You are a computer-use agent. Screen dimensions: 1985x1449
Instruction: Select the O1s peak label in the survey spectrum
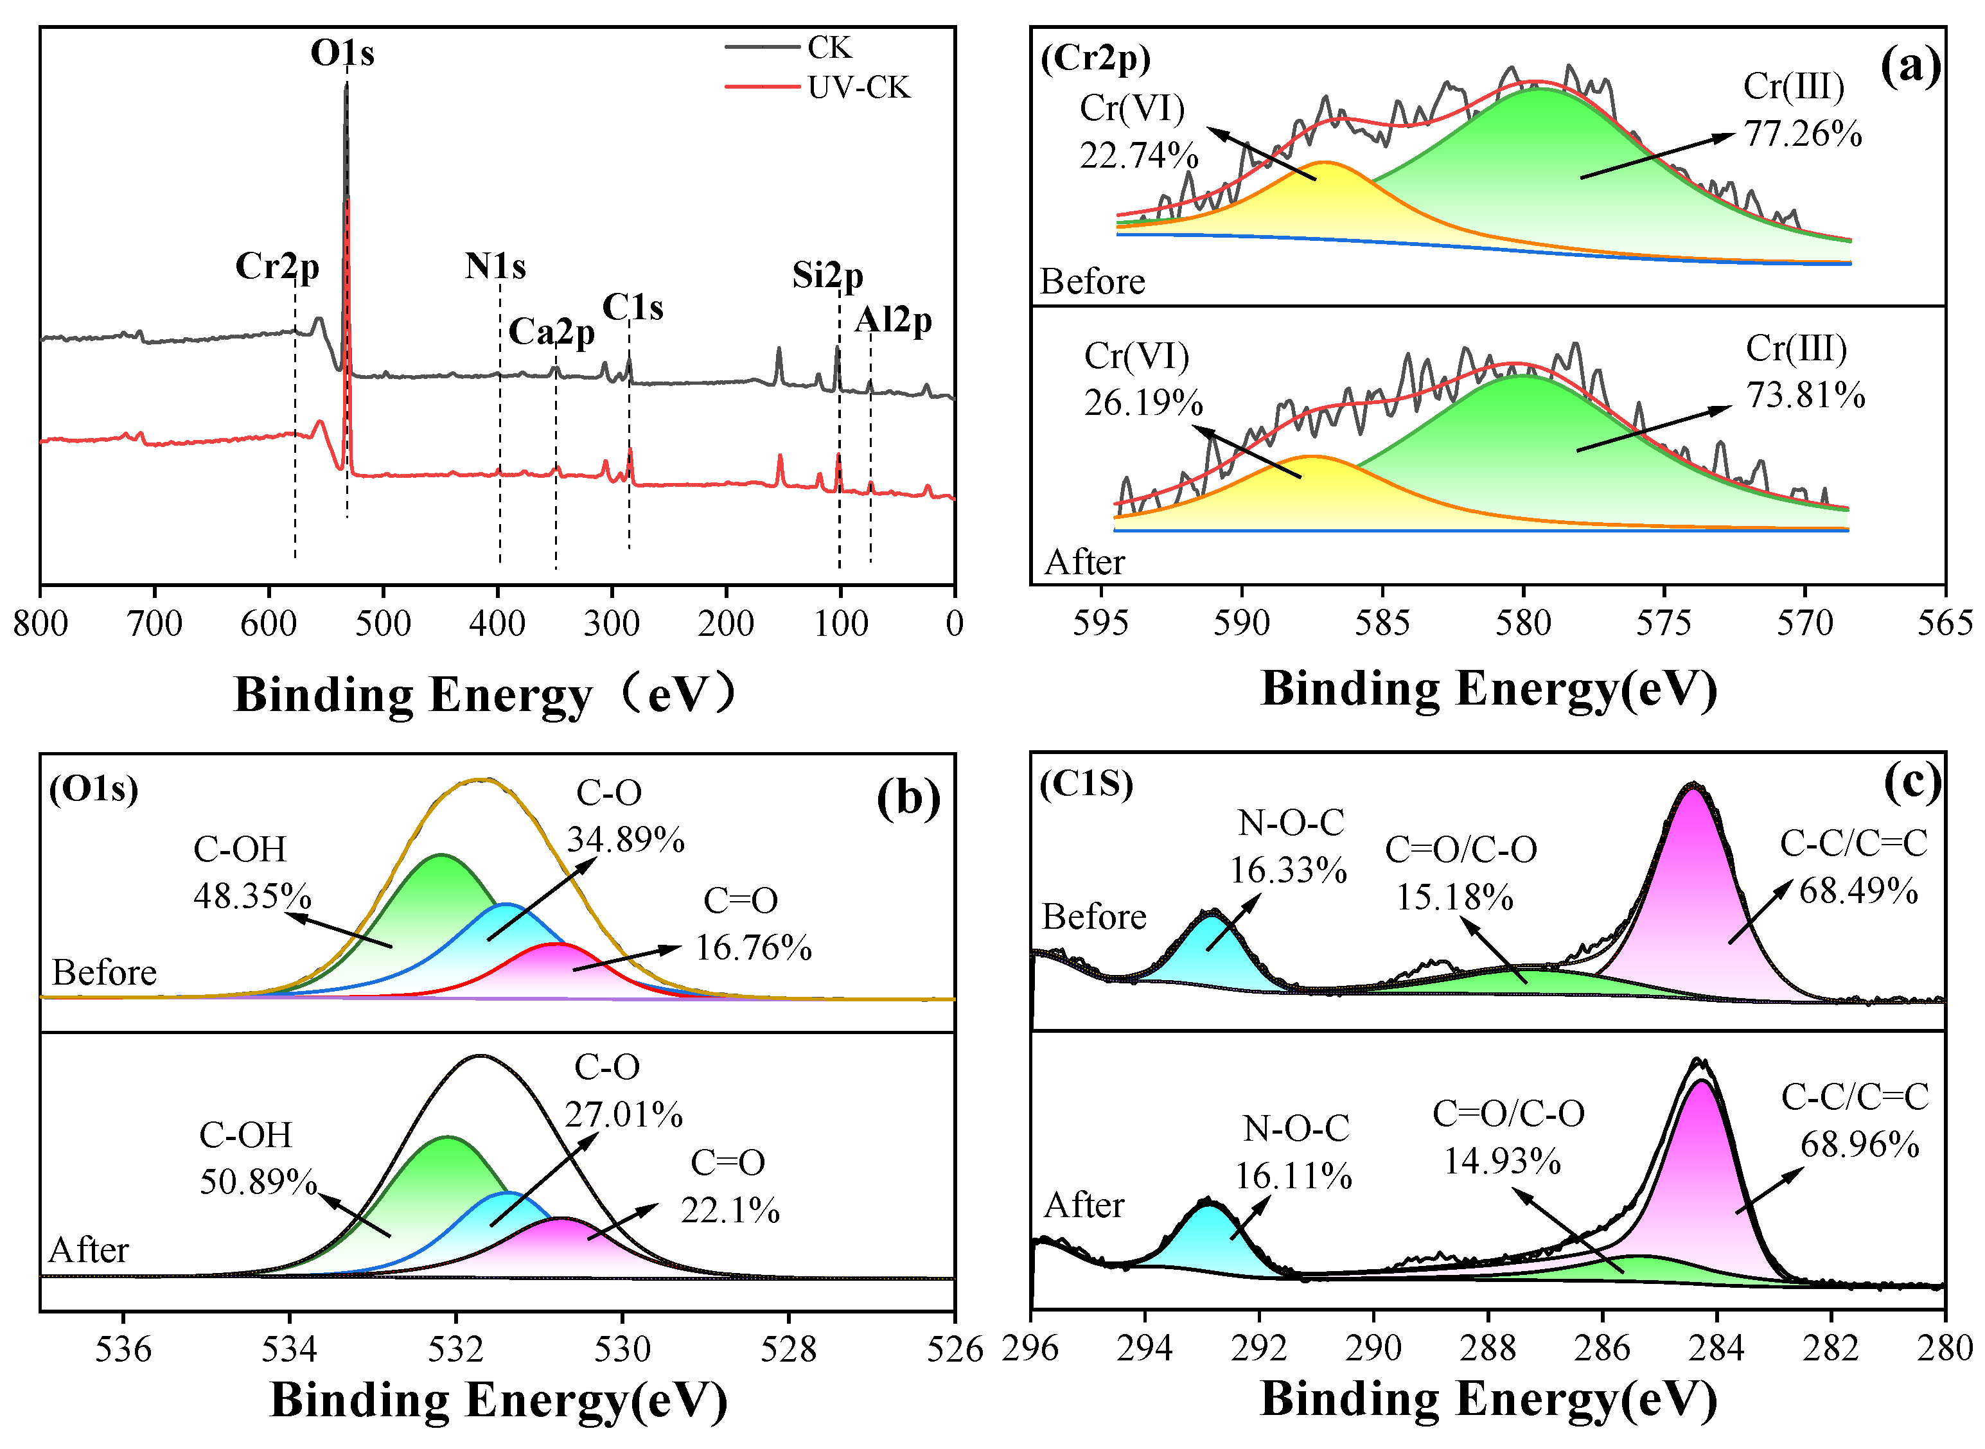pos(342,53)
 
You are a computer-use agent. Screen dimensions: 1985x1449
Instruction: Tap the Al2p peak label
pos(893,321)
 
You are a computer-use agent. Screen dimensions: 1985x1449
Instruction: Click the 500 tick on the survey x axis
pos(384,624)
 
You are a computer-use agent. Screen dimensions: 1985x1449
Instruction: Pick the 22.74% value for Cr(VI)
pos(1138,156)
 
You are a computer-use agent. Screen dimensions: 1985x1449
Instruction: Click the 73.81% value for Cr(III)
pos(1805,396)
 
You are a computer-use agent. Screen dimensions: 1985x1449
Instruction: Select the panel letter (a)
pos(1910,67)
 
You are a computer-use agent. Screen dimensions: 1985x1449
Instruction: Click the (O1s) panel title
pos(93,789)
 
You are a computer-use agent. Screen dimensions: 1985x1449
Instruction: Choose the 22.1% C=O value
pos(730,1211)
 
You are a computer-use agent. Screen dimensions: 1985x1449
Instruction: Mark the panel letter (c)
pos(1912,782)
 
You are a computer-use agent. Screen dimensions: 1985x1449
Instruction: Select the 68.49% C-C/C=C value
pos(1858,891)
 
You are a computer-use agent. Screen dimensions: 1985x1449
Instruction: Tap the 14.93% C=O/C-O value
pos(1502,1161)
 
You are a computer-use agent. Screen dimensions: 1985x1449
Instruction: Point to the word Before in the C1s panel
pos(1094,917)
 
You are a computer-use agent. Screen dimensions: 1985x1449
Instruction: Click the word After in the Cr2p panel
pos(1084,562)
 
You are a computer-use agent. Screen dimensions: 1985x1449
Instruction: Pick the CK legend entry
pos(789,48)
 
